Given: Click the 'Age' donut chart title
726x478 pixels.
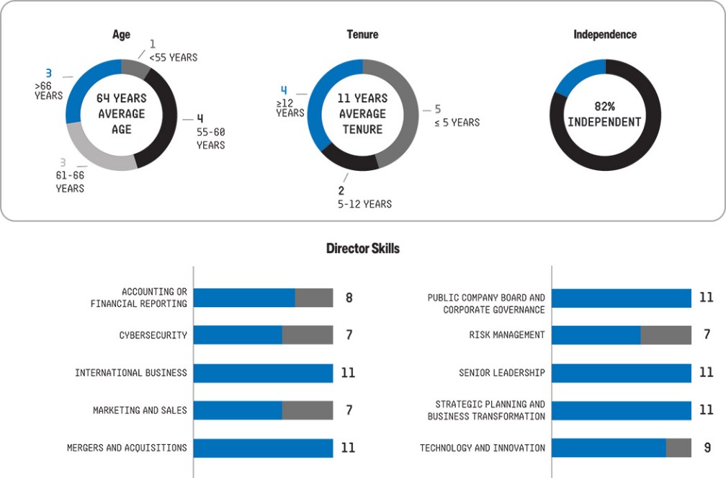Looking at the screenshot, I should (121, 35).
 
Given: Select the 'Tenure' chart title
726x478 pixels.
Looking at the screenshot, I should (362, 35).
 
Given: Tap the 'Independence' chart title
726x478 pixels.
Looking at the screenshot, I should (604, 35).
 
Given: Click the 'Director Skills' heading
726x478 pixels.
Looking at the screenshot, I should (362, 249).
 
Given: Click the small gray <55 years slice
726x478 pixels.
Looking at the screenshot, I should (135, 68).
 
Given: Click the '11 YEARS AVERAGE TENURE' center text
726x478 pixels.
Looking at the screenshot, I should (362, 114).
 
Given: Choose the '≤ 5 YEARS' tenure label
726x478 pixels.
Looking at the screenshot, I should (457, 122).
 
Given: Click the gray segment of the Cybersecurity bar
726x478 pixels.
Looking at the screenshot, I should (308, 335).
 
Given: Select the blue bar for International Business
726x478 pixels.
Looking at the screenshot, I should (263, 373).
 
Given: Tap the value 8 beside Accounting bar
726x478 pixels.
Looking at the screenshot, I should (349, 297).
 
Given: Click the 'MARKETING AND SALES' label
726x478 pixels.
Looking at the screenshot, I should (140, 410).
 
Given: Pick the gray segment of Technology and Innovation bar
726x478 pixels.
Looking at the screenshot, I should (678, 448).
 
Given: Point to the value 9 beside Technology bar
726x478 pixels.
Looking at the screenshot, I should (707, 448).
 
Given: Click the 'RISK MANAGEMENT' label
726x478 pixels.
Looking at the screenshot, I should (502, 335).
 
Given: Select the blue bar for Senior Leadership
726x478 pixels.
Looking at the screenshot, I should (621, 373).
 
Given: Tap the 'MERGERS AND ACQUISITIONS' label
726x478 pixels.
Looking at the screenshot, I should (127, 448).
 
